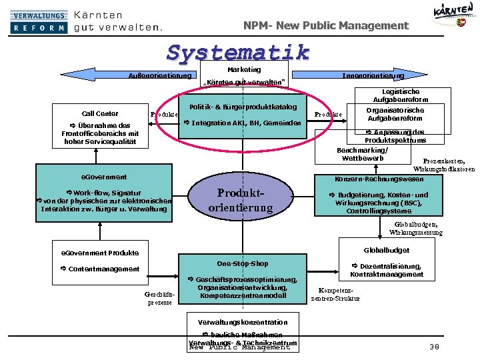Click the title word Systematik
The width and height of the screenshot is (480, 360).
[239, 52]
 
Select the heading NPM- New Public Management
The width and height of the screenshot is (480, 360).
[326, 25]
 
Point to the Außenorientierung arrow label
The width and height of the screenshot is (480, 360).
[160, 75]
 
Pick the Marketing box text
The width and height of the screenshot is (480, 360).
[244, 69]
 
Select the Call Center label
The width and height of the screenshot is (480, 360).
[100, 113]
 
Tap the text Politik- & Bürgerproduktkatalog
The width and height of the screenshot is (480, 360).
[243, 107]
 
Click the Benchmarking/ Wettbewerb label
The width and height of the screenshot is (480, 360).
[363, 154]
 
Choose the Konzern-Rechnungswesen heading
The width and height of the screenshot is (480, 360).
[379, 179]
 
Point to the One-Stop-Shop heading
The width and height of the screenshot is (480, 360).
[243, 263]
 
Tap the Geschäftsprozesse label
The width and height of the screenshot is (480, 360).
[159, 298]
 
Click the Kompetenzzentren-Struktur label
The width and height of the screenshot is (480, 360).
[335, 294]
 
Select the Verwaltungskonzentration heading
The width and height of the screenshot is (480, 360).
[243, 322]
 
